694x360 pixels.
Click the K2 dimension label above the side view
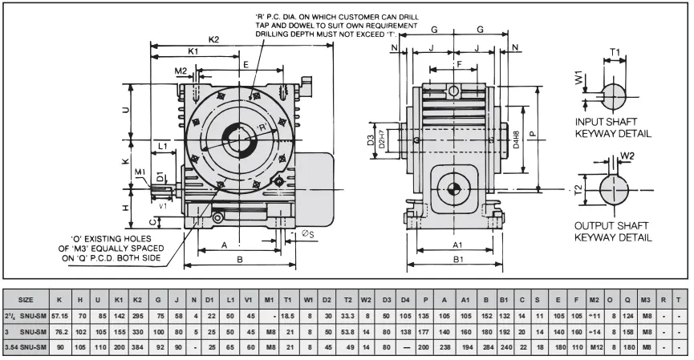pyautogui.click(x=213, y=39)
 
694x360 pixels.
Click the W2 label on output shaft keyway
pyautogui.click(x=627, y=156)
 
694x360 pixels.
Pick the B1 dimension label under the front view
pyautogui.click(x=457, y=260)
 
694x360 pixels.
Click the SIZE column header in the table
pyautogui.click(x=26, y=300)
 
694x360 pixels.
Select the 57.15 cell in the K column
pyautogui.click(x=60, y=316)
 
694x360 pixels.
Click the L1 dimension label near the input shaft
pyautogui.click(x=163, y=147)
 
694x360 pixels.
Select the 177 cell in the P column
pyautogui.click(x=424, y=331)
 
